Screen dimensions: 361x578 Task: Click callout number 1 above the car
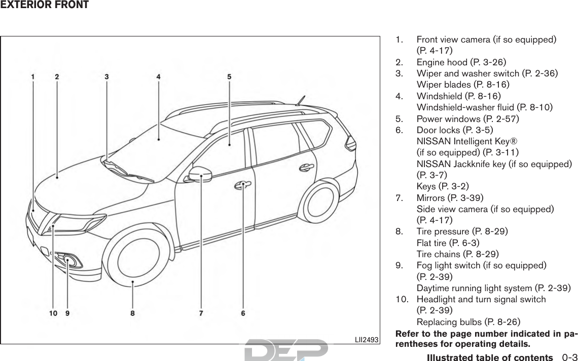coord(33,77)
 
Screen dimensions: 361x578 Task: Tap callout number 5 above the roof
coord(229,77)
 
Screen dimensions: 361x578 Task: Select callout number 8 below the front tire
coord(132,313)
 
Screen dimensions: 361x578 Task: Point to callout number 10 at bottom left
coord(53,313)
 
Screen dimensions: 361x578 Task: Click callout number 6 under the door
coord(243,313)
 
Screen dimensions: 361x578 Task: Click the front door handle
coord(243,186)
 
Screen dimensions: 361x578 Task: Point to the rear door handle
coord(306,167)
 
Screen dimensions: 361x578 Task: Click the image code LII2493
coord(368,339)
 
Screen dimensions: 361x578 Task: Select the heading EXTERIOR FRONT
coord(45,6)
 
